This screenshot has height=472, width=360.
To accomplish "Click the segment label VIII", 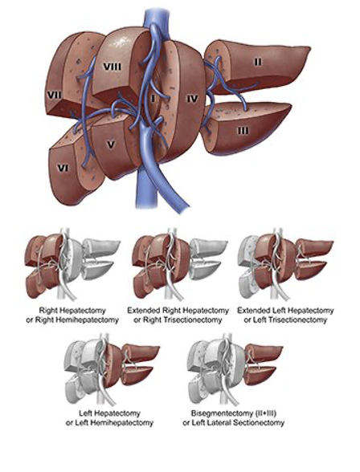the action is tap(112, 67).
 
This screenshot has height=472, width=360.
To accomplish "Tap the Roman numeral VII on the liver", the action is tap(54, 96).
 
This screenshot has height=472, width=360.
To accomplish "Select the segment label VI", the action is tap(63, 168).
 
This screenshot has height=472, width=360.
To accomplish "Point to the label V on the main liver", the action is tap(111, 144).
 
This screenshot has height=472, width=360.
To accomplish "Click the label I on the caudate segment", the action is tap(153, 99).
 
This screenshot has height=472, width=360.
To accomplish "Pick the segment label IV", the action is tap(192, 99).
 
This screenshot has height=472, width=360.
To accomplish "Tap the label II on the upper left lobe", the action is tap(258, 62).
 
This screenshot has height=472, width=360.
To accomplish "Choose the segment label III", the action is tap(243, 131).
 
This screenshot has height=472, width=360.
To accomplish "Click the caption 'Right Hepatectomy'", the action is tap(72, 311).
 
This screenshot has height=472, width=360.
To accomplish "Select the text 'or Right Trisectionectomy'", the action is tap(178, 319).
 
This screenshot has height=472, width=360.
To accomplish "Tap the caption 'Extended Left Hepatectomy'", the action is tap(285, 311).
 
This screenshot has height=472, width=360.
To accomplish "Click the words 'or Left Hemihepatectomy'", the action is tap(109, 422).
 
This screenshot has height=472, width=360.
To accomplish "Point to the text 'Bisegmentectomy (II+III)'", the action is tap(234, 413).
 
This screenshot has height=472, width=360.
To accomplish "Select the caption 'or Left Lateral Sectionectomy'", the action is tap(234, 422).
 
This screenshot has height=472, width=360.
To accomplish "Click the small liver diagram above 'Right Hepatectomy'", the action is tap(72, 264).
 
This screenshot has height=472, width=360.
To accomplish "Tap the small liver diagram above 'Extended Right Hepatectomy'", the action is tap(180, 264).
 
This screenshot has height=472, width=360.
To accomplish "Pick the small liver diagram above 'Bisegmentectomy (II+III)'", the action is tap(235, 369).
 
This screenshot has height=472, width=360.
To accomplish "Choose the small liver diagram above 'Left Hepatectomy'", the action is tap(112, 369).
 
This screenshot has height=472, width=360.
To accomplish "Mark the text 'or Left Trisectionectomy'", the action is tap(285, 319).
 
